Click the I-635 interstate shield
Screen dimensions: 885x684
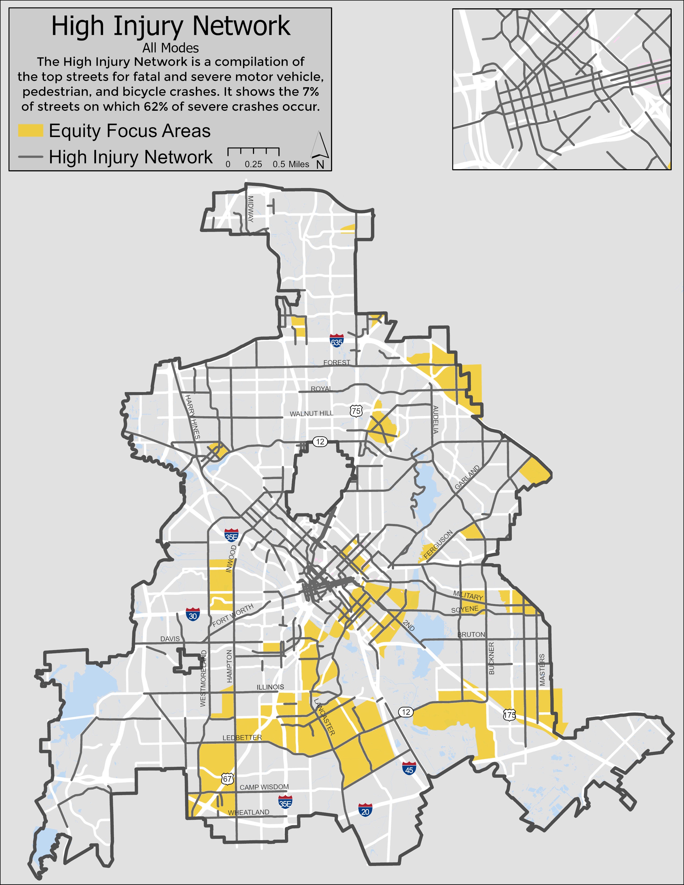336,340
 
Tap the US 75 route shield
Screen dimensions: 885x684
356,411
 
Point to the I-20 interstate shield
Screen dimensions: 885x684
365,810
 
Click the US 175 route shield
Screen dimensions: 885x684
509,715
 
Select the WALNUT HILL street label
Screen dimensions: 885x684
311,413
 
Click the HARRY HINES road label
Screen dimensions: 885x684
193,416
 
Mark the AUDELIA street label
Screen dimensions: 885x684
436,419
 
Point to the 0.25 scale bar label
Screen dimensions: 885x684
253,164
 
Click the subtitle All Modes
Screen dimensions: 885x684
170,48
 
